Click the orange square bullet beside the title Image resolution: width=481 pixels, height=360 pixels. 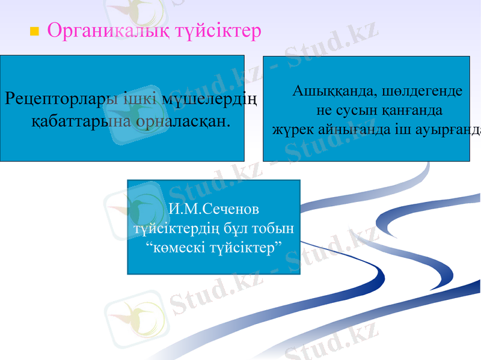[x=34, y=30]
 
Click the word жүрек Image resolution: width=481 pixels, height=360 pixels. [x=292, y=129]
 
